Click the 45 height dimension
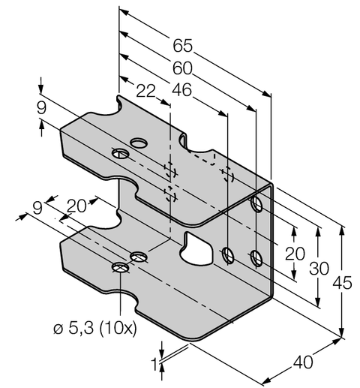[343, 283]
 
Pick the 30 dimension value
[320, 268]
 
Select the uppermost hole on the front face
[256, 203]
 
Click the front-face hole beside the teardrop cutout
[229, 256]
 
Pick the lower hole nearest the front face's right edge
[256, 258]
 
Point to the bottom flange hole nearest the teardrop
[138, 257]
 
